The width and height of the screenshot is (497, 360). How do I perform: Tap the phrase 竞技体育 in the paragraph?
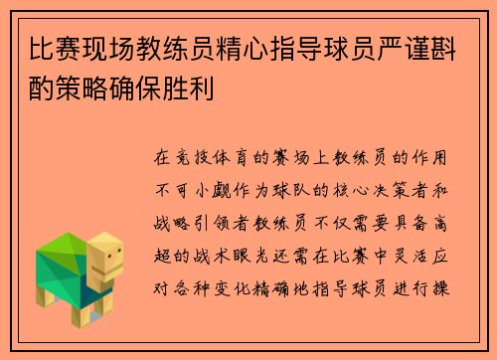coord(221,158)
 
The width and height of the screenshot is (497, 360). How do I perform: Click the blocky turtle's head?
coord(106,260)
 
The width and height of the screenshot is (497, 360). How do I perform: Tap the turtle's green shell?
coord(66,261)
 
